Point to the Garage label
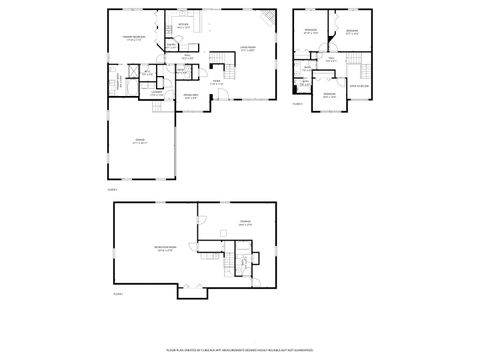pyautogui.click(x=139, y=139)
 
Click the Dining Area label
pyautogui.click(x=191, y=96)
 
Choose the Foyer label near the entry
pyautogui.click(x=216, y=83)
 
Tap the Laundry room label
pyautogui.click(x=156, y=93)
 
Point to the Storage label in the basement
pyautogui.click(x=245, y=222)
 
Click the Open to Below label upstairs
pyautogui.click(x=359, y=86)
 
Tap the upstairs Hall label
pyautogui.click(x=330, y=59)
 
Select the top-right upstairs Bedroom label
pyautogui.click(x=352, y=31)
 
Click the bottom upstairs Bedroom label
pyautogui.click(x=329, y=96)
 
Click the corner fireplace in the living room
pyautogui.click(x=270, y=18)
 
